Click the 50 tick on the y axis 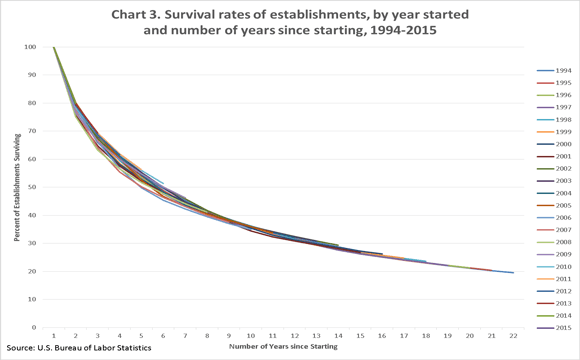tap(32, 187)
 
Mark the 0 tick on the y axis tap(34, 327)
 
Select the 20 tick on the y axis tap(32, 271)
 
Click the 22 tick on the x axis tap(513, 336)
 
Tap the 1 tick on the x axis tap(54, 336)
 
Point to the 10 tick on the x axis tap(250, 336)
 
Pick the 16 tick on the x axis tap(381, 336)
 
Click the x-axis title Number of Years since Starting tap(282, 347)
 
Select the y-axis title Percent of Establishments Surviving tap(17, 187)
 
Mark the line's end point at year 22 tap(513, 272)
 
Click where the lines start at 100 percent tap(54, 47)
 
